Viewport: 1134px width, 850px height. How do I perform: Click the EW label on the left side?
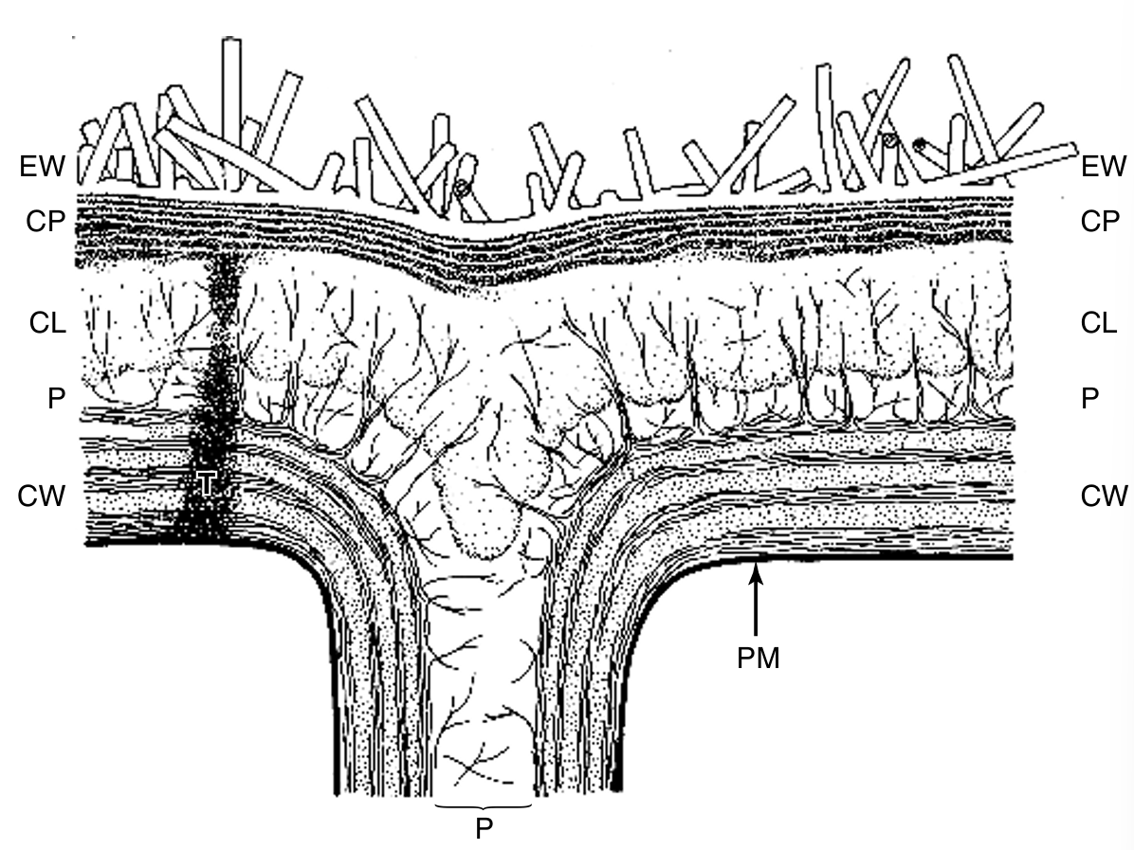click(x=42, y=166)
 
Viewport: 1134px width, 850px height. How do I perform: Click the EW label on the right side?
click(x=1103, y=166)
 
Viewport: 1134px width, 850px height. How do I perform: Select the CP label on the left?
click(x=46, y=221)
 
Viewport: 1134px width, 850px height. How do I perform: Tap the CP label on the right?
click(x=1100, y=221)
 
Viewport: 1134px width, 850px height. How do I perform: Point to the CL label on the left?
click(x=47, y=323)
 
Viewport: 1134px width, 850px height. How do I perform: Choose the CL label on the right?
click(x=1099, y=322)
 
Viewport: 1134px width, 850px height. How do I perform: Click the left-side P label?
click(x=56, y=398)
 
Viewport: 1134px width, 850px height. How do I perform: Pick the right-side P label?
click(x=1089, y=398)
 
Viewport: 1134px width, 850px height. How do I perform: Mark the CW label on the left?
click(x=42, y=496)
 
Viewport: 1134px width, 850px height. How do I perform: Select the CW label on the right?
click(x=1105, y=496)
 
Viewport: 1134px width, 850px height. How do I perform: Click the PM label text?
click(x=758, y=659)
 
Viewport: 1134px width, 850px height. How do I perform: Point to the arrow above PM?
click(x=756, y=599)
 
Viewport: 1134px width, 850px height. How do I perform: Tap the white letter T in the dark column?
click(x=206, y=484)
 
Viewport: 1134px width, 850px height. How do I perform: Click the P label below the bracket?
click(x=484, y=828)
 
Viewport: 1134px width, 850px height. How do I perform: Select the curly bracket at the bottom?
click(x=484, y=805)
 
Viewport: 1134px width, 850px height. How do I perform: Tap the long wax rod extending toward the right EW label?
click(x=998, y=165)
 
